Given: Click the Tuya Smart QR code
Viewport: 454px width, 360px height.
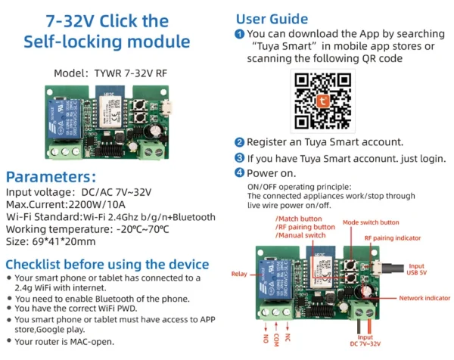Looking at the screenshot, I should [324, 99].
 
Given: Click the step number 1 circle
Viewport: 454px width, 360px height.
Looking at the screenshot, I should [240, 34].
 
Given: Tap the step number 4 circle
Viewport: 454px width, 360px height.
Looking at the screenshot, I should [240, 173].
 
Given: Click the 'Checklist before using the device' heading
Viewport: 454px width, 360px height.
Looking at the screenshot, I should [107, 264].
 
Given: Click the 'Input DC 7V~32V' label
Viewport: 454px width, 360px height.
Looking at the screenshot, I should [365, 343].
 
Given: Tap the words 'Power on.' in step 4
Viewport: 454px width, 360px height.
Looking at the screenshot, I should [272, 173].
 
